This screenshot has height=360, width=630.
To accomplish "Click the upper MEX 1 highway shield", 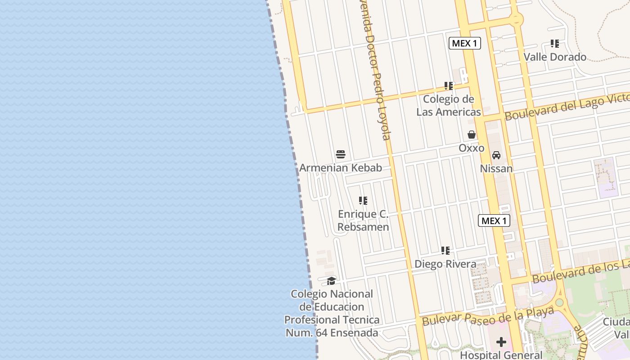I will tap(465, 43).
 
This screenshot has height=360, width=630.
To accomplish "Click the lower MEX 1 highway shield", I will tap(494, 220).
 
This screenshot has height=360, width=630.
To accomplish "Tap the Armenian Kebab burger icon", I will tap(341, 154).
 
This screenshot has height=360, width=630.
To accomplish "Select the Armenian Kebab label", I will tap(341, 168).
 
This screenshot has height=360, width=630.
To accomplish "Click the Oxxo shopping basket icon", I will tap(472, 135).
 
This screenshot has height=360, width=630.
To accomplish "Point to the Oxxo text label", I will tap(472, 148).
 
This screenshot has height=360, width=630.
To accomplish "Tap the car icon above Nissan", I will tap(496, 155).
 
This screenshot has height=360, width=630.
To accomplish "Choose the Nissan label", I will tap(496, 168).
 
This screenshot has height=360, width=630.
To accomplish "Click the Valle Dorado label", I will tap(555, 57).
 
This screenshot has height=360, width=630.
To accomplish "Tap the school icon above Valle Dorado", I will tap(555, 44).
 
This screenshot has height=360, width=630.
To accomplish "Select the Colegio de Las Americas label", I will tap(449, 105).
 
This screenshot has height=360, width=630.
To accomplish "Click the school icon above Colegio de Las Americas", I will tap(449, 85).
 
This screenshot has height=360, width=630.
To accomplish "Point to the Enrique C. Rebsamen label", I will tap(363, 220).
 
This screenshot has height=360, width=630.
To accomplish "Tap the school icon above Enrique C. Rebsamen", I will tap(363, 201).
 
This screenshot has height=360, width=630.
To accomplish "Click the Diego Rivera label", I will tap(445, 264).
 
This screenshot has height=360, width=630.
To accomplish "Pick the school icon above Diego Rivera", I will tap(445, 250).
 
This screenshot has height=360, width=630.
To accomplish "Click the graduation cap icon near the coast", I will tap(332, 281).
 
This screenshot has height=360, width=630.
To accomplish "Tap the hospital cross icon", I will tap(501, 342).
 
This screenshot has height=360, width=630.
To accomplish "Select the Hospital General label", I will tap(501, 355).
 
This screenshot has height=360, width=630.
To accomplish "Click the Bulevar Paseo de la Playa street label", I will tap(488, 316).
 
